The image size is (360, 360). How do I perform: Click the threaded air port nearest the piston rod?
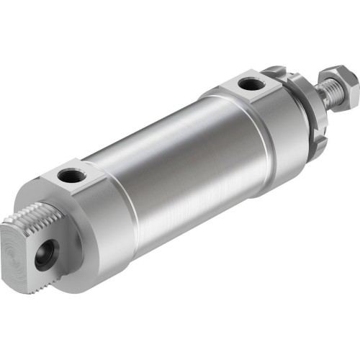click(x=249, y=85)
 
